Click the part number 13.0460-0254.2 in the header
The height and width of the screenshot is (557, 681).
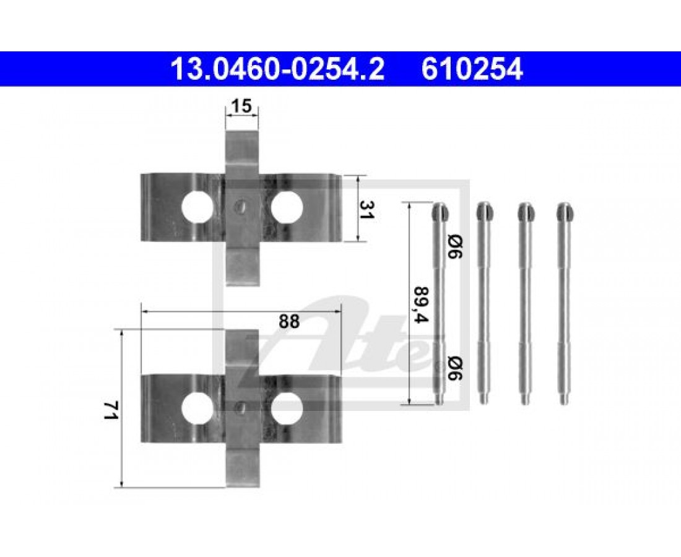point(278,69)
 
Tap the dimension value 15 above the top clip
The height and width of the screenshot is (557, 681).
point(241,107)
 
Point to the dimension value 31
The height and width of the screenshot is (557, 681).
point(367,209)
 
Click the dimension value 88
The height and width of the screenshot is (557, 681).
point(289,322)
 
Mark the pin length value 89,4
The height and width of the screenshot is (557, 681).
point(420,304)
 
